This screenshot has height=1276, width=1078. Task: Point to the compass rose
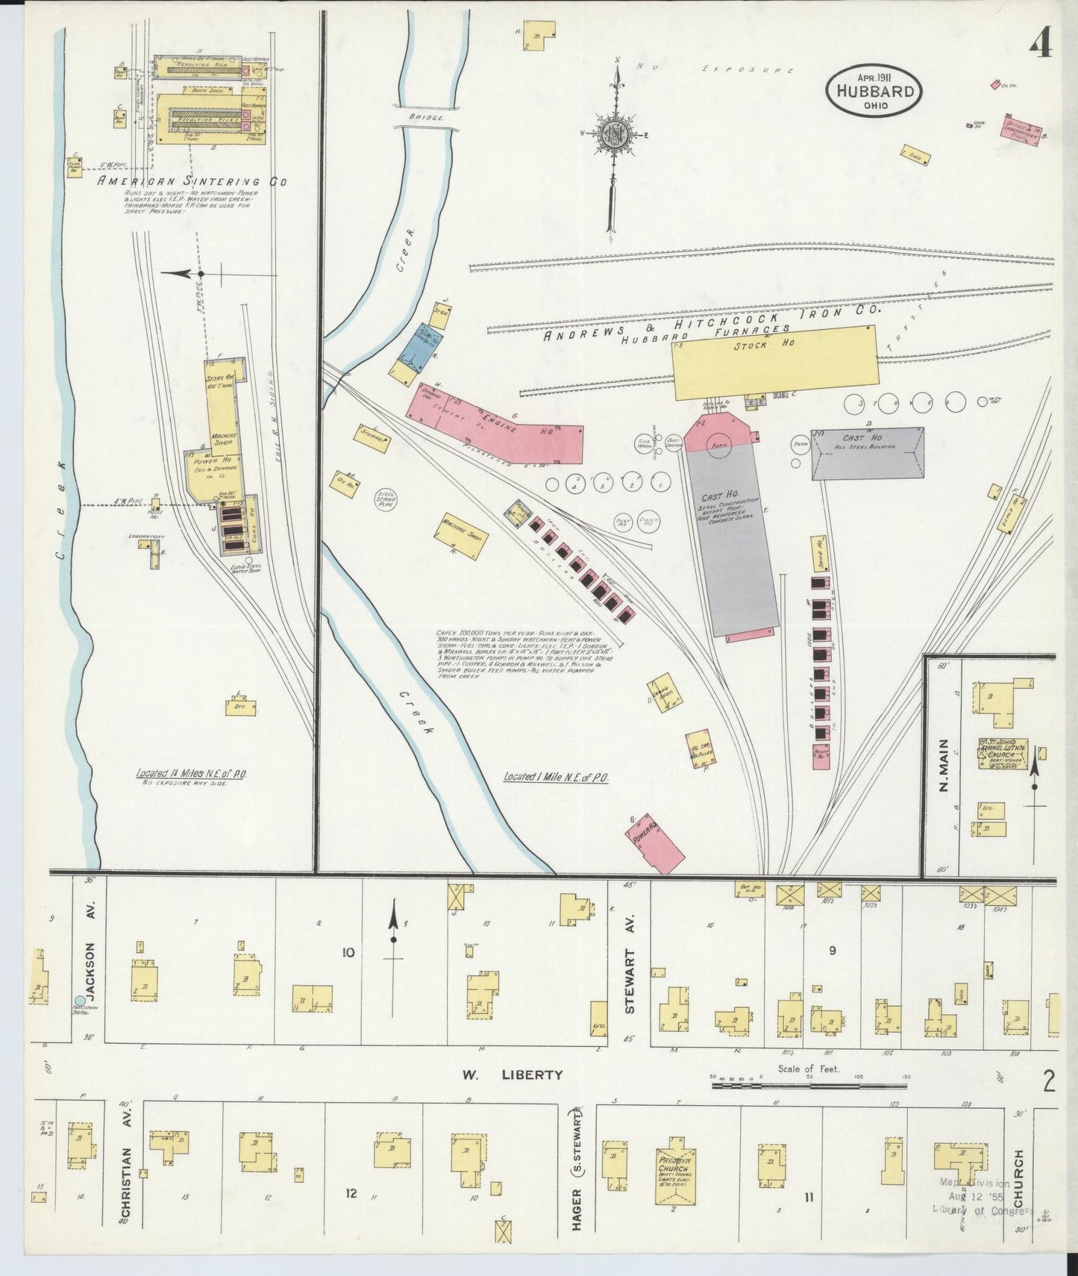click(616, 136)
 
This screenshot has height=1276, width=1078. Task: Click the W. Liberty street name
click(512, 1075)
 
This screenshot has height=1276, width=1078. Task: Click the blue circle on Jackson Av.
click(80, 1001)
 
